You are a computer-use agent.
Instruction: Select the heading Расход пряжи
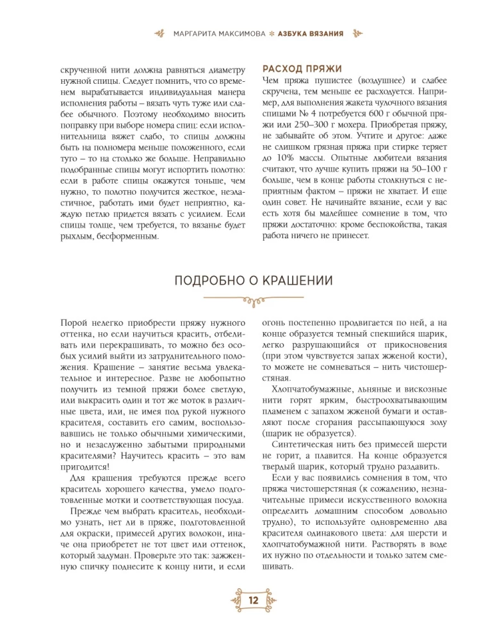tap(303, 68)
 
